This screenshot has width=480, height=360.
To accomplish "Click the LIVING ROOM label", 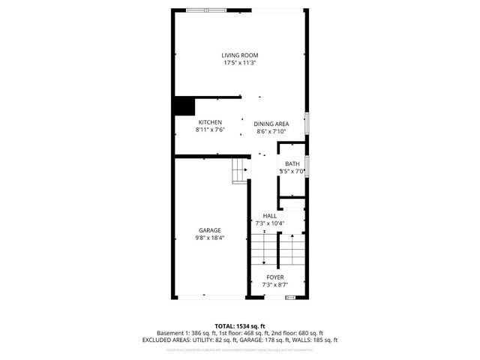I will tap(239, 55).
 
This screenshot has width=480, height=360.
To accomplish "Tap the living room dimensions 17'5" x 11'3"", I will tap(239, 63).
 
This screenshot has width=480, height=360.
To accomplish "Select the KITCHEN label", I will tap(209, 122).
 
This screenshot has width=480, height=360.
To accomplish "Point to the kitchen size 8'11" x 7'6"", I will tap(209, 130).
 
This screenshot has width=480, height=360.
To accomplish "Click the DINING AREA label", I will tap(271, 124).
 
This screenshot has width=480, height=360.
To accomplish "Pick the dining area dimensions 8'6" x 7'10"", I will tap(271, 132).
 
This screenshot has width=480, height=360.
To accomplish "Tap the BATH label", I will tap(292, 163).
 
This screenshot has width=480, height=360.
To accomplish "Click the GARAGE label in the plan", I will tap(209, 229).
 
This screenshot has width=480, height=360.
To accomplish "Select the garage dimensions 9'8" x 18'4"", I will tap(209, 238).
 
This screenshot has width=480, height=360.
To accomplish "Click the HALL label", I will tap(270, 215).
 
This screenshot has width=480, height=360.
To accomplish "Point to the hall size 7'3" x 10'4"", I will tap(270, 223).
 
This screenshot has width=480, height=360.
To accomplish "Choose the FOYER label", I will tap(275, 277).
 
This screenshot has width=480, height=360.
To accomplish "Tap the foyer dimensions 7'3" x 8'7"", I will tap(275, 285).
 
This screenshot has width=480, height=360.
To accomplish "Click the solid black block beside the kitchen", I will tap(184, 106).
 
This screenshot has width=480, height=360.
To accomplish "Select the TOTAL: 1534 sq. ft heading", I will tap(239, 325).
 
